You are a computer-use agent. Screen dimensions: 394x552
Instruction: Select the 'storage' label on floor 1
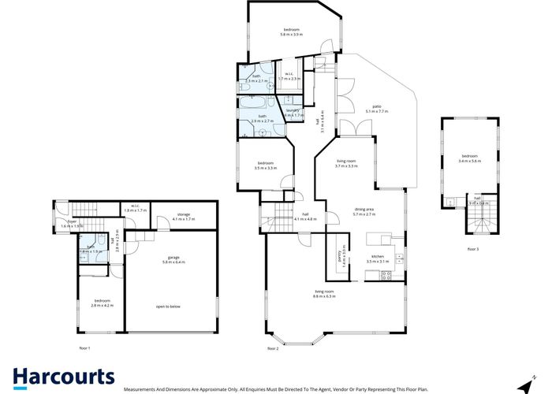pyautogui.click(x=183, y=214)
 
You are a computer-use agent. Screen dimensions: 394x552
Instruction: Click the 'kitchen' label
pyautogui.click(x=379, y=256)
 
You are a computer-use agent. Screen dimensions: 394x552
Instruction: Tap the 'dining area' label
pyautogui.click(x=369, y=209)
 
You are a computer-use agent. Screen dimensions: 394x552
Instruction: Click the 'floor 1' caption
pyautogui.click(x=84, y=348)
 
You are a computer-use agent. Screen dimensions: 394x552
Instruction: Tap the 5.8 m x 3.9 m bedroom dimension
pyautogui.click(x=291, y=35)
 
